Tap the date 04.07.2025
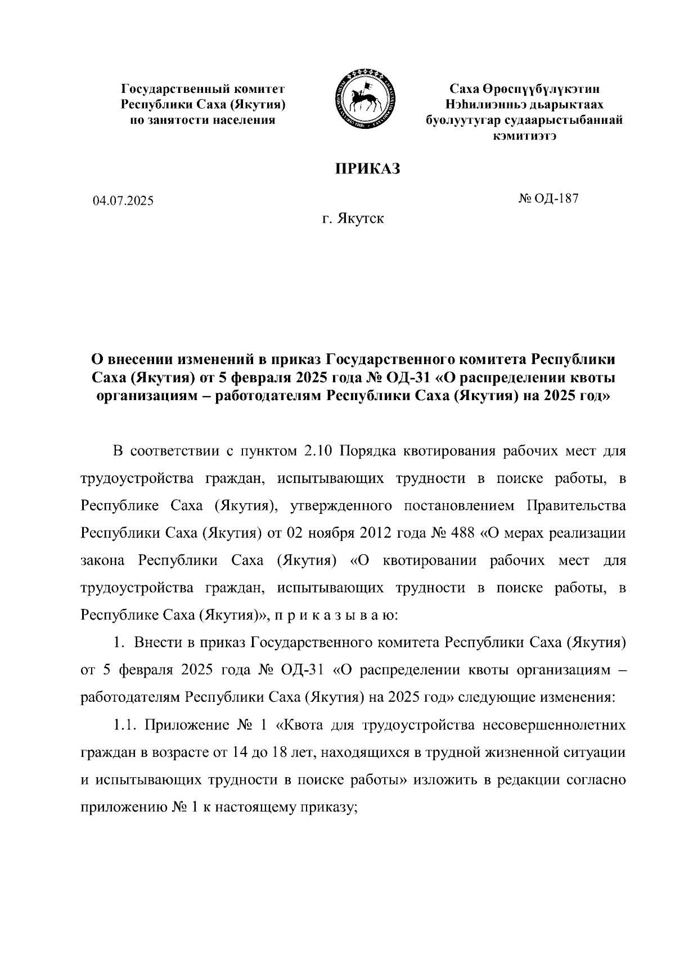point(123,201)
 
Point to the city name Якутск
point(361,218)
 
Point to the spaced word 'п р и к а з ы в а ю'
point(336,615)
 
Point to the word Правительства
point(575,506)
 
